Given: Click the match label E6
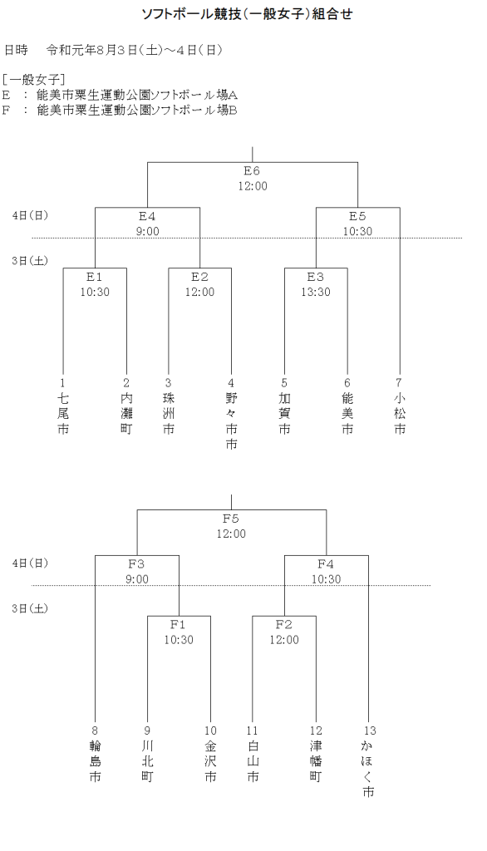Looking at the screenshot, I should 252,171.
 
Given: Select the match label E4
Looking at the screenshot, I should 147,216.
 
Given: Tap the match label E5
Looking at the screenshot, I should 357,216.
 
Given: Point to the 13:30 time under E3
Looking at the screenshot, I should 315,292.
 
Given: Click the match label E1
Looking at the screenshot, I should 95,277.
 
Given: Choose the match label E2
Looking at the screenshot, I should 199,277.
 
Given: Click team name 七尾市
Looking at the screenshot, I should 63,413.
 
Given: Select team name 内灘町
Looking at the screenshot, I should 126,413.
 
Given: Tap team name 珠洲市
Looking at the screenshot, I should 169,413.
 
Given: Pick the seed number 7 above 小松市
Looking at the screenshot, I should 400,382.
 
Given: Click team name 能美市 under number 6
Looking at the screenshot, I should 347,413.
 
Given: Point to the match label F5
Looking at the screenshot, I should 231,519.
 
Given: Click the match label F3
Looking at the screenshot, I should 137,564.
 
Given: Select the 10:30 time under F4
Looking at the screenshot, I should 327,579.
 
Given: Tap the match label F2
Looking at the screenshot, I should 284,624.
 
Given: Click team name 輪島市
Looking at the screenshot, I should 95,761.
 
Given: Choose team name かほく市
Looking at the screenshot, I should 369,769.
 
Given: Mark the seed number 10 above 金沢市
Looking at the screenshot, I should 210,730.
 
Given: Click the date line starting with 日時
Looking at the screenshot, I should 113,50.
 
